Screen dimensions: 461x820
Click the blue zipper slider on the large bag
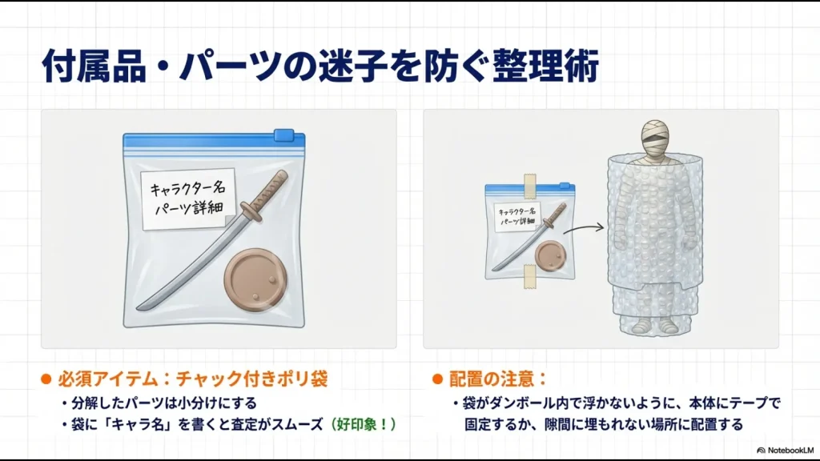click(283, 135)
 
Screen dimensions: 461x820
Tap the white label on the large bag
click(187, 197)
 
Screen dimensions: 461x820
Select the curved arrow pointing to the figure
click(582, 230)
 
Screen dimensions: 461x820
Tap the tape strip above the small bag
click(529, 184)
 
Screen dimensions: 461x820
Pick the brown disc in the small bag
click(550, 255)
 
